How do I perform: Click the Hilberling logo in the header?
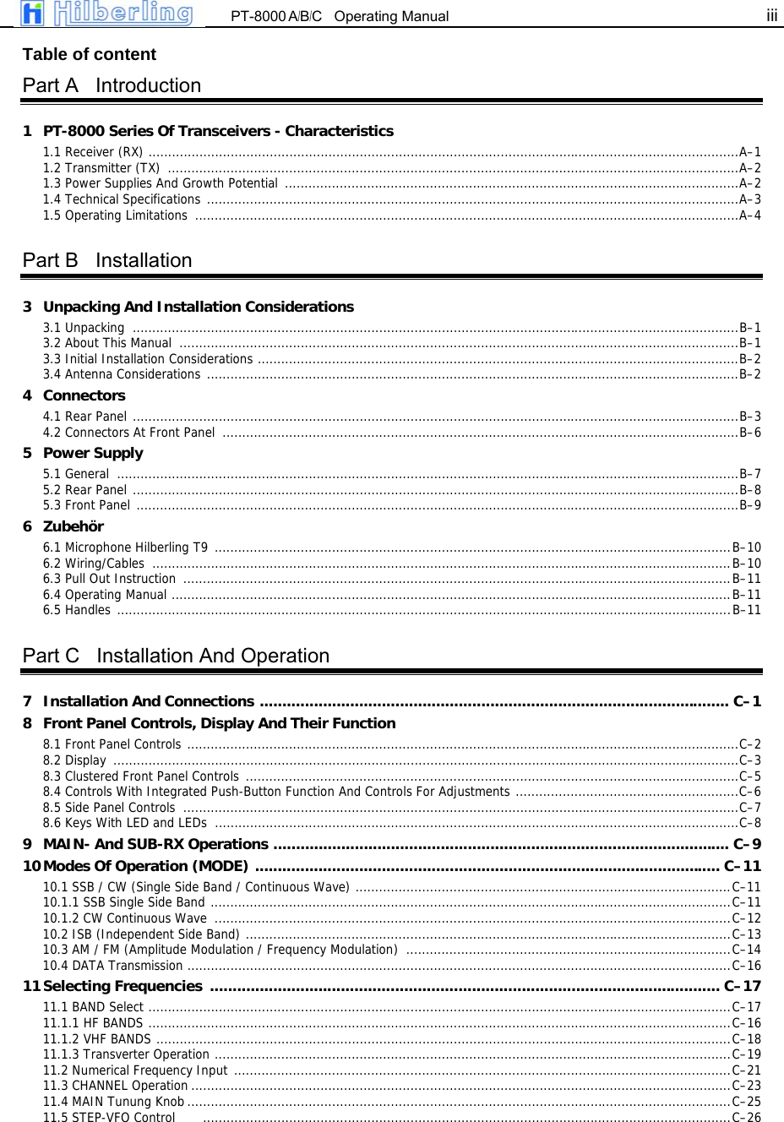click(107, 14)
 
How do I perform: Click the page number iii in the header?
click(771, 15)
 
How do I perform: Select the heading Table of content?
click(89, 54)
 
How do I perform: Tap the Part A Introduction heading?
click(112, 85)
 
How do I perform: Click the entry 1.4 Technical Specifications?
click(122, 199)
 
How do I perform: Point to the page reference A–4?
click(749, 215)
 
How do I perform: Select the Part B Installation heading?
click(107, 260)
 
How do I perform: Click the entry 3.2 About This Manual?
click(107, 343)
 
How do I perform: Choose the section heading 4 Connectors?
click(84, 395)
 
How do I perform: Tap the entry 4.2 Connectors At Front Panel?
click(129, 433)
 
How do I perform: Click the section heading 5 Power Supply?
click(93, 453)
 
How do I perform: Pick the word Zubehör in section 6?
click(73, 526)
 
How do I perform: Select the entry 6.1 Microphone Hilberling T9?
click(125, 547)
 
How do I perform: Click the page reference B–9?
click(749, 505)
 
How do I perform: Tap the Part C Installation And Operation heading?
click(176, 656)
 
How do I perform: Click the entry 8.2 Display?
click(74, 760)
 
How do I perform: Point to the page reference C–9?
click(747, 844)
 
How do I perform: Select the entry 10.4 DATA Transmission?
click(112, 966)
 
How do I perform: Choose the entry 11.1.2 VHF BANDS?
click(97, 1039)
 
